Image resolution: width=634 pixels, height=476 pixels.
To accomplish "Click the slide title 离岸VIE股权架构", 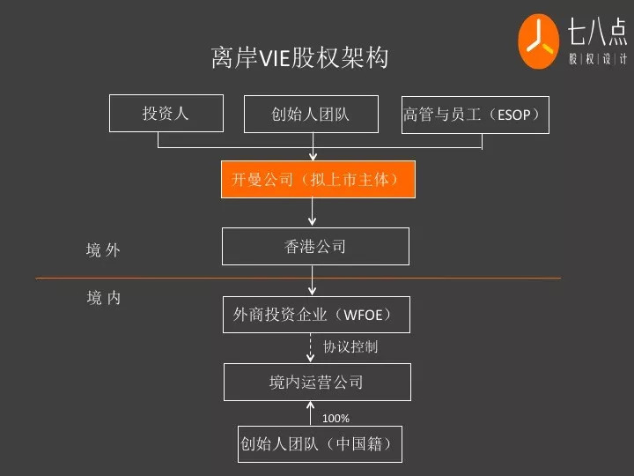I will pyautogui.click(x=299, y=58).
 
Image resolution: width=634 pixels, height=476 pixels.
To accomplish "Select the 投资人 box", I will pyautogui.click(x=166, y=114).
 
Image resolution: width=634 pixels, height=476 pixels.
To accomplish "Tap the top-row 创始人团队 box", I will pyautogui.click(x=311, y=114).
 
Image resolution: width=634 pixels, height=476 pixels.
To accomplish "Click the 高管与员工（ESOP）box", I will pyautogui.click(x=475, y=115).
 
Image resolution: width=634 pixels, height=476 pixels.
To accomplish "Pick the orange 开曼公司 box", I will pyautogui.click(x=317, y=180).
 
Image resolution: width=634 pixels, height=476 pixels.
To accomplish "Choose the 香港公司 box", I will pyautogui.click(x=315, y=247).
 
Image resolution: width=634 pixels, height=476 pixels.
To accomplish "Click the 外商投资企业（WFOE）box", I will pyautogui.click(x=315, y=315).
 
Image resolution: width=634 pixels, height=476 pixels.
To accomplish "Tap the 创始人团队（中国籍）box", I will pyautogui.click(x=321, y=443).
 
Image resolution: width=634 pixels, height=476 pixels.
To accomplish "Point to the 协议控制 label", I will pyautogui.click(x=350, y=346).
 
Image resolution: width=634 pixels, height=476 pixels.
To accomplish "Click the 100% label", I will pyautogui.click(x=335, y=418).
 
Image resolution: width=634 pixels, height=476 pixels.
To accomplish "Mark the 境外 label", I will pyautogui.click(x=103, y=250).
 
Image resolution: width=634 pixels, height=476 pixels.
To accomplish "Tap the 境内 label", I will pyautogui.click(x=104, y=298).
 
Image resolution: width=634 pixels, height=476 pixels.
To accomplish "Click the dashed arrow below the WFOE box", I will pyautogui.click(x=311, y=346).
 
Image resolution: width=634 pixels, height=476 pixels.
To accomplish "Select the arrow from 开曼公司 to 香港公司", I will pyautogui.click(x=313, y=212).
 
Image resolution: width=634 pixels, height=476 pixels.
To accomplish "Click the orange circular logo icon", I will pyautogui.click(x=539, y=41).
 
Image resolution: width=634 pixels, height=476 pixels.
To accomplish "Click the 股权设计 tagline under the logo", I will pyautogui.click(x=596, y=59).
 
